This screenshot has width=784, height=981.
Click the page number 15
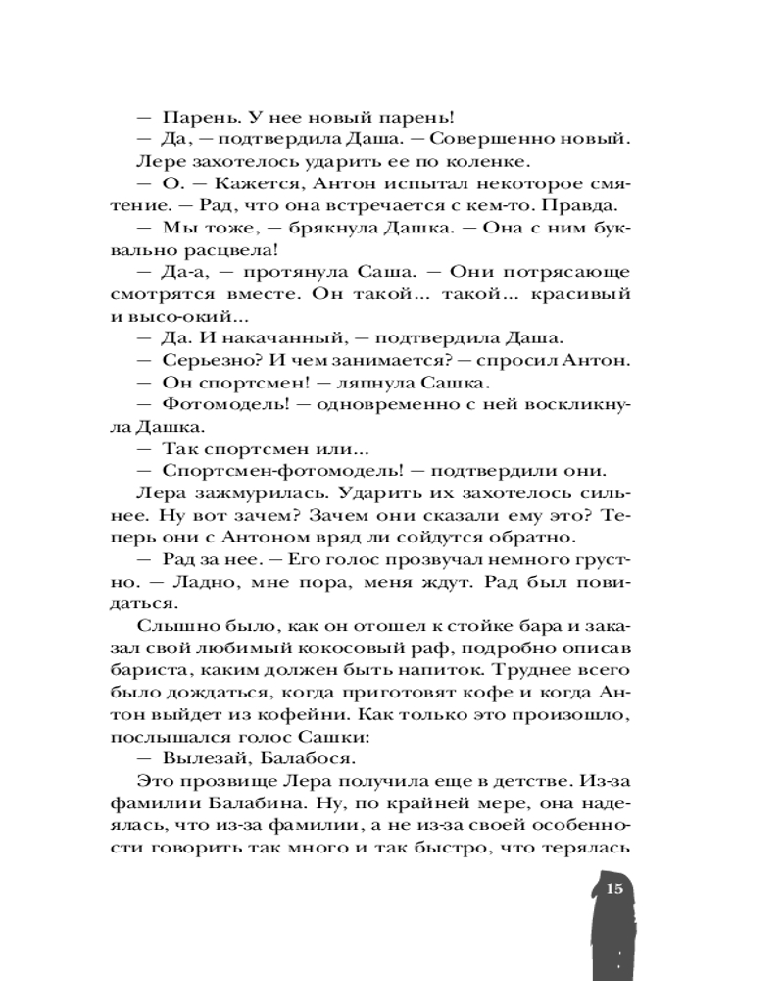614,890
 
